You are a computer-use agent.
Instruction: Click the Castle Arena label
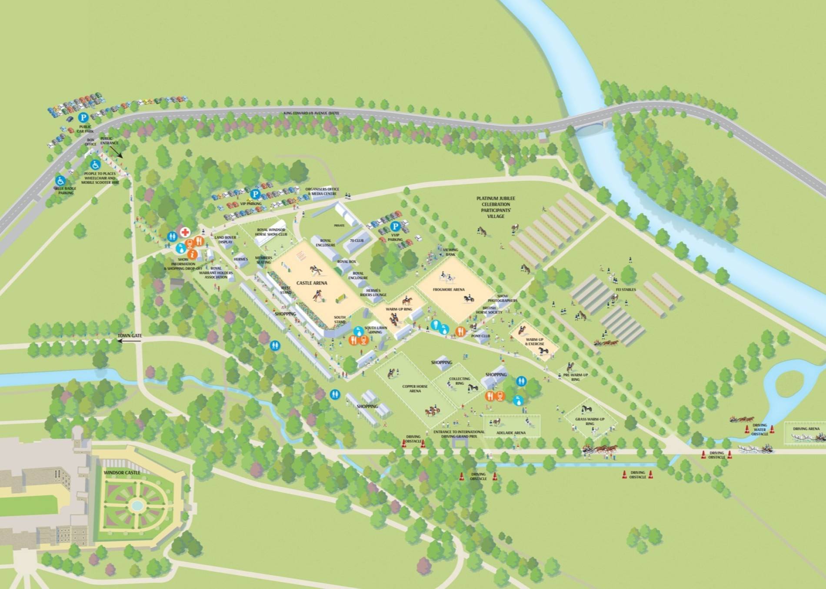point(312,283)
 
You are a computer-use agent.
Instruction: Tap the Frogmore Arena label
point(449,290)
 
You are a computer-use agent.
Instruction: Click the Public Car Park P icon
point(83,117)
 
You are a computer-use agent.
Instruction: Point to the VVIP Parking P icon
point(395,226)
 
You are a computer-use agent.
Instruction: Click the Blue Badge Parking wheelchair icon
point(60,180)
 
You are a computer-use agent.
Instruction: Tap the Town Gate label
point(130,336)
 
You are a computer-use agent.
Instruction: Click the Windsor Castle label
point(122,473)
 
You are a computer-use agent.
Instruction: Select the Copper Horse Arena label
point(415,388)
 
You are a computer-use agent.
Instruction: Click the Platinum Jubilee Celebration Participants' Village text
point(496,207)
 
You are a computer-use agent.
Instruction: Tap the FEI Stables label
point(626,290)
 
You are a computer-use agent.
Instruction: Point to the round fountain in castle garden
point(137,505)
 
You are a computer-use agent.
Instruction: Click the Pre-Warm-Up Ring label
point(575,377)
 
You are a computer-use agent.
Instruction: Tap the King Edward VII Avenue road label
point(311,113)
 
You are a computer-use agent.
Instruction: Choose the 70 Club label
point(356,240)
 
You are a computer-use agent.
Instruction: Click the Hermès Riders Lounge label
point(373,293)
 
